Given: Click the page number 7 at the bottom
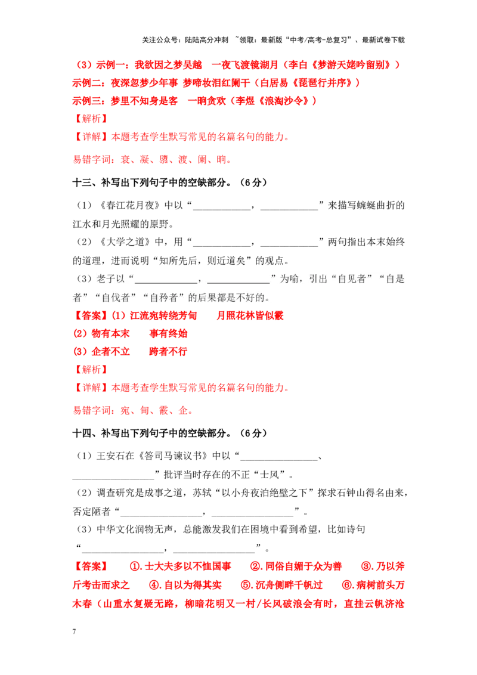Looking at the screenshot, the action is (75, 631).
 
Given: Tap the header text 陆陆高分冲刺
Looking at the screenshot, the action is (206, 40).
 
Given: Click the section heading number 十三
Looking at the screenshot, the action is (82, 182).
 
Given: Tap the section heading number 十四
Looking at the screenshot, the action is (82, 433).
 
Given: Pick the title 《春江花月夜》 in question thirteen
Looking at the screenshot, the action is (130, 205).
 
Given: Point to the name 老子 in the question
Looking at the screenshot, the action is (106, 279).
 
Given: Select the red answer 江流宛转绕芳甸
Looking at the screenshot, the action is (163, 315).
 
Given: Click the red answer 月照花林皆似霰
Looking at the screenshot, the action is (250, 315).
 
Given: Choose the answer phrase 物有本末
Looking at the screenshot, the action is (111, 334).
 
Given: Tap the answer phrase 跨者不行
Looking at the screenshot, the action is (168, 352).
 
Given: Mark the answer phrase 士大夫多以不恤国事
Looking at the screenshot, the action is (188, 566).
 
